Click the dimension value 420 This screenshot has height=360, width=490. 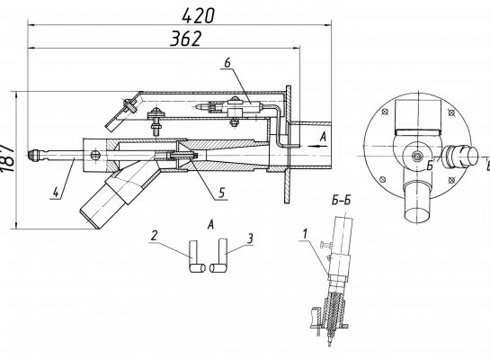pyautogui.click(x=198, y=16)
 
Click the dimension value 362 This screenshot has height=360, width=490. pyautogui.click(x=185, y=39)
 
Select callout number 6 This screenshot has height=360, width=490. pyautogui.click(x=227, y=63)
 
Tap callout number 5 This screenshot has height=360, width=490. pyautogui.click(x=221, y=193)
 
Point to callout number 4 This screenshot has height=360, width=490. pyautogui.click(x=56, y=192)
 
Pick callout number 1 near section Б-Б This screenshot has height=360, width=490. pyautogui.click(x=305, y=234)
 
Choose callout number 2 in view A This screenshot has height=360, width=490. pyautogui.click(x=154, y=236)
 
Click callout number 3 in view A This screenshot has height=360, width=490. pyautogui.click(x=250, y=239)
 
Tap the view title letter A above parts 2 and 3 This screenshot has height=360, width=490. pyautogui.click(x=211, y=224)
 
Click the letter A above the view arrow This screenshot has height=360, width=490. pyautogui.click(x=323, y=137)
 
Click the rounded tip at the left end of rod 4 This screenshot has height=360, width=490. pyautogui.click(x=31, y=155)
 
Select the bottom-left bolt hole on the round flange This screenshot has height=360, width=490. pyautogui.click(x=382, y=179)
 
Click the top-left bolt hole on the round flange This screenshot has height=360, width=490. pyautogui.click(x=386, y=112)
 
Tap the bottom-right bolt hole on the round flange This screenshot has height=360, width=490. pyautogui.click(x=451, y=179)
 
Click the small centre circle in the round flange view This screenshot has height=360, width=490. pyautogui.click(x=416, y=157)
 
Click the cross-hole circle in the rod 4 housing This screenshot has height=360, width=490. pyautogui.click(x=94, y=155)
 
